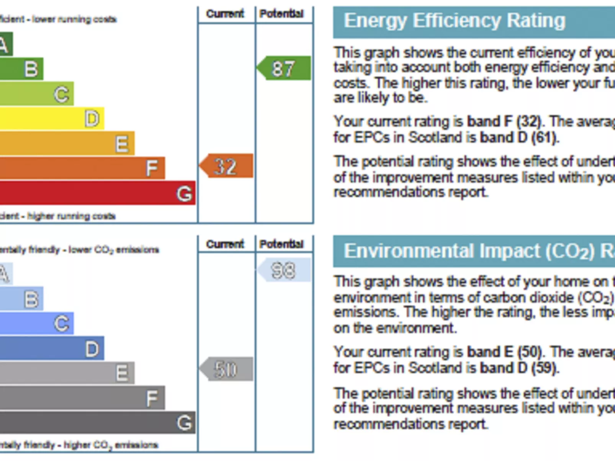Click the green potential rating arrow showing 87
point(284,68)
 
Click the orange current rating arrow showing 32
point(227,166)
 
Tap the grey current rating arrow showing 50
point(227,369)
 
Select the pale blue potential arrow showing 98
point(284,270)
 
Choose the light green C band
point(36,94)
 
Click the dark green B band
point(21,69)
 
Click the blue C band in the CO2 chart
point(36,323)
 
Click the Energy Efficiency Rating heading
point(455,21)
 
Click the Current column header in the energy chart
point(225,14)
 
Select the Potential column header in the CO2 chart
point(281,244)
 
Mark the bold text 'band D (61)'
point(519,137)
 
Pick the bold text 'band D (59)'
point(519,368)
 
